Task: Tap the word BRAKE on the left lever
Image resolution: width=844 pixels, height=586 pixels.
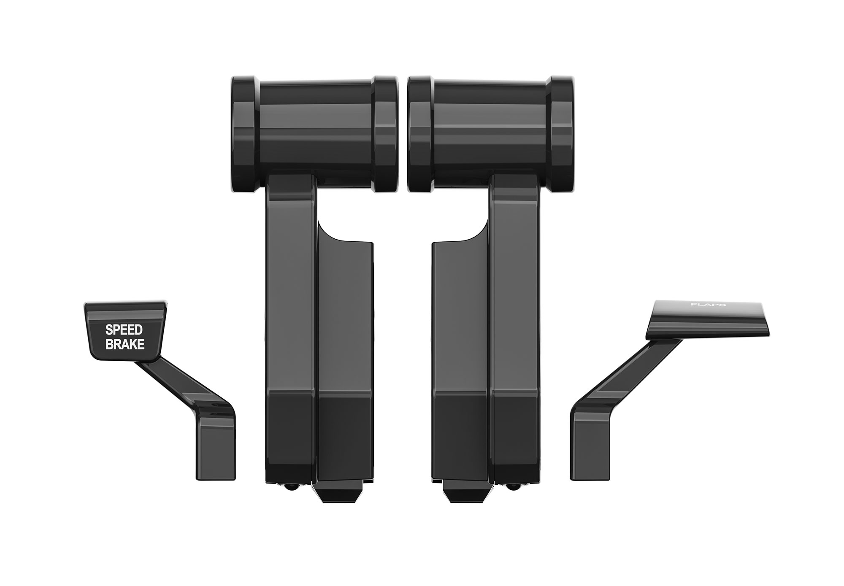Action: (x=125, y=345)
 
